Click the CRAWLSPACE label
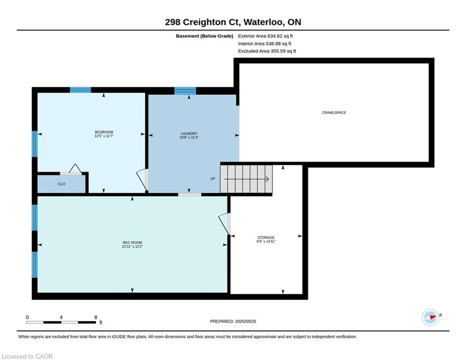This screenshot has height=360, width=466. click(x=334, y=113)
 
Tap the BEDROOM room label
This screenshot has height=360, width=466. click(x=104, y=132)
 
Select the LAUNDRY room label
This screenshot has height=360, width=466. click(x=189, y=134)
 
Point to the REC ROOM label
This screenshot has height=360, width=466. click(x=132, y=243)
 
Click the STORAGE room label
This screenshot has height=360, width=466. click(x=266, y=237)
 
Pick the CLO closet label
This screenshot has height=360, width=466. click(x=61, y=184)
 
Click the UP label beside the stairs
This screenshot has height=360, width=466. click(x=213, y=179)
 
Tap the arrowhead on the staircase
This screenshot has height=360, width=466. click(x=267, y=179)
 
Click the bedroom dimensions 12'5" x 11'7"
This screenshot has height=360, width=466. click(x=104, y=136)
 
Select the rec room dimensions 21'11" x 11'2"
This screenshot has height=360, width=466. click(x=132, y=247)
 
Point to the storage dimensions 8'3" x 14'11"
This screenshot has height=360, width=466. click(x=266, y=241)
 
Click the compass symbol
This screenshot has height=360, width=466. click(x=430, y=317)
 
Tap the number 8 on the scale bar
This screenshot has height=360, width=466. click(x=96, y=317)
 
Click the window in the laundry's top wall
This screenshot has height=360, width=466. click(x=185, y=91)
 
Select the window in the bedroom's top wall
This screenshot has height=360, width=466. click(x=80, y=90)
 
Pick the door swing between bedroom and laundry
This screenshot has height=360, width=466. click(x=142, y=180)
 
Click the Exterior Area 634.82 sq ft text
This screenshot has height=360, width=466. click(x=266, y=36)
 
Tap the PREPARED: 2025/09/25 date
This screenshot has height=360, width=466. click(x=233, y=321)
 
